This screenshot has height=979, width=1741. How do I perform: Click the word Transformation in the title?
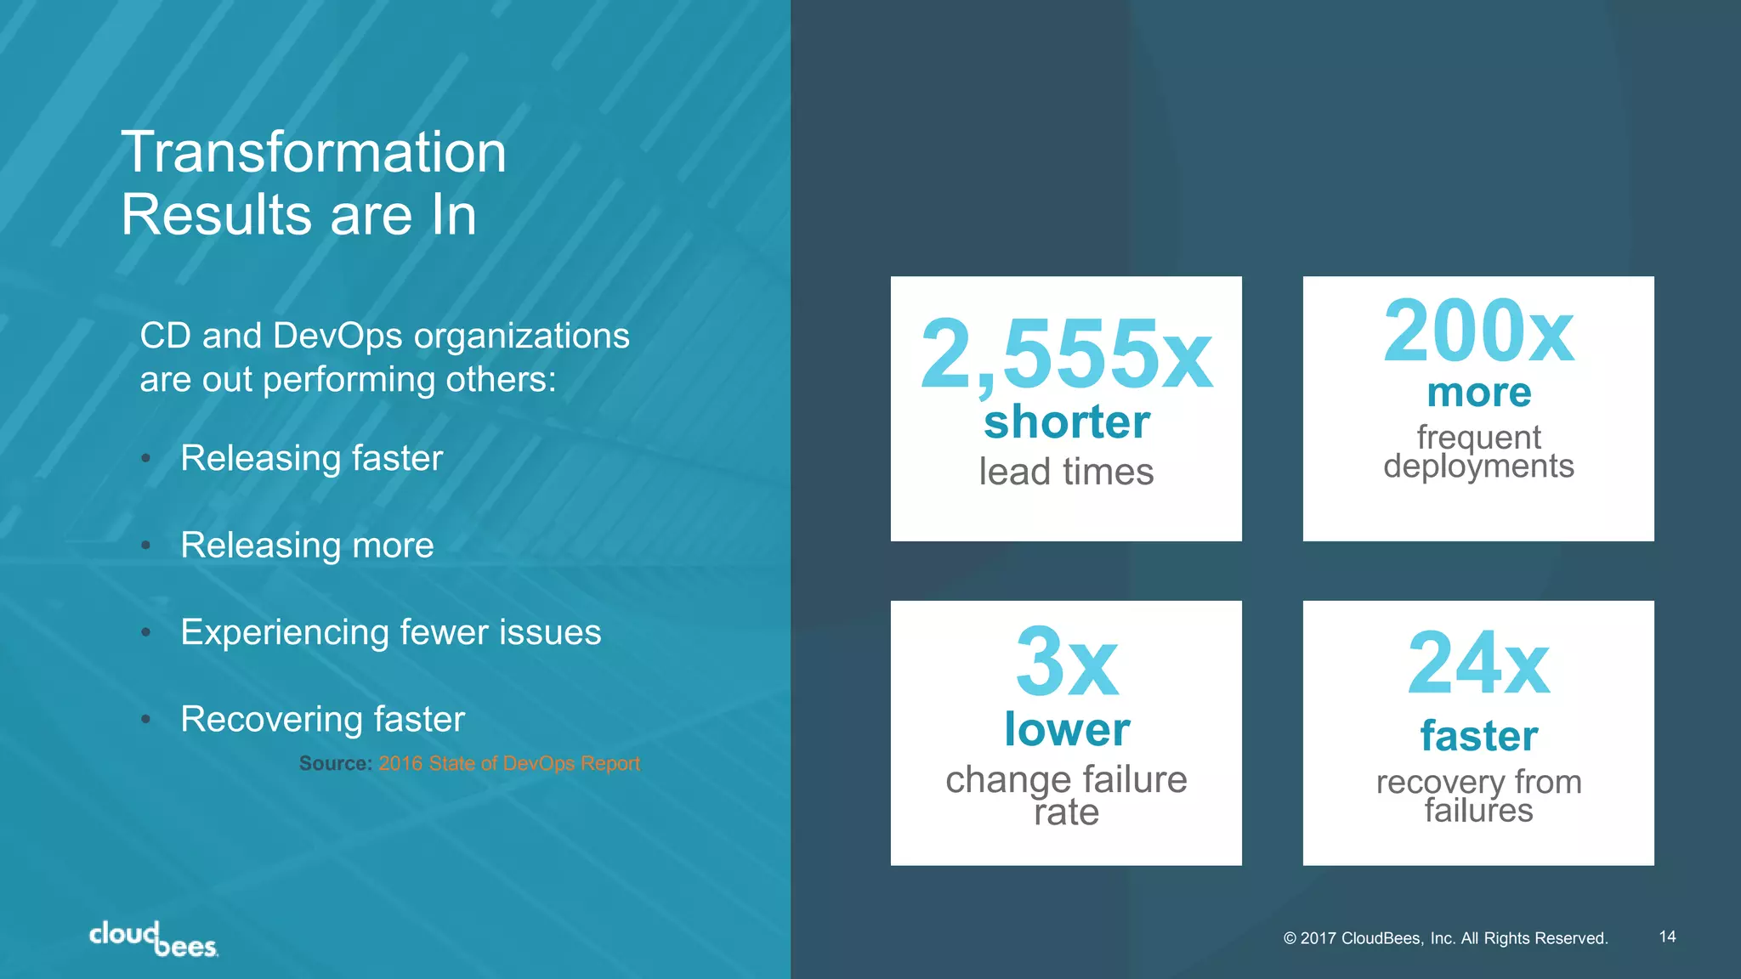click(x=314, y=153)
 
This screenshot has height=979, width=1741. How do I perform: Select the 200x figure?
click(x=1478, y=331)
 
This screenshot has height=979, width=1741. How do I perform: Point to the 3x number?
click(x=1066, y=662)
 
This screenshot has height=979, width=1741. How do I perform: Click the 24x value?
click(x=1478, y=664)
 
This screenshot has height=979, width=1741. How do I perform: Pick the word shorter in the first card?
click(x=1066, y=422)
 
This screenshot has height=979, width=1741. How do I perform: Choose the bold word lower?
click(x=1066, y=729)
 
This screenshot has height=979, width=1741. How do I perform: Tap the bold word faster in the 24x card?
click(x=1478, y=736)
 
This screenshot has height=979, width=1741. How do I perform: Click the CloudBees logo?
click(x=154, y=939)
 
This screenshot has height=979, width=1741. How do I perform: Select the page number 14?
click(x=1667, y=937)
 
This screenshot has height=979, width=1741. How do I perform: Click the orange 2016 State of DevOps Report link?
click(x=509, y=763)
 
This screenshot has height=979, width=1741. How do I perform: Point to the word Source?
click(x=335, y=763)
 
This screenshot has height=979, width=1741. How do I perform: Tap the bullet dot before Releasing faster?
click(x=146, y=459)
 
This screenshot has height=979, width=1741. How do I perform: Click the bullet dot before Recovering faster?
click(x=146, y=720)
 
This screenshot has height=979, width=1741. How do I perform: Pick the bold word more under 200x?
click(x=1478, y=393)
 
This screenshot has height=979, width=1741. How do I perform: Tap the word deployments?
click(x=1478, y=467)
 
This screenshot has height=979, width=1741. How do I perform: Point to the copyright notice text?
click(x=1445, y=938)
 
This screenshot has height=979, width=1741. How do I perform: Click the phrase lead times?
click(x=1066, y=472)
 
